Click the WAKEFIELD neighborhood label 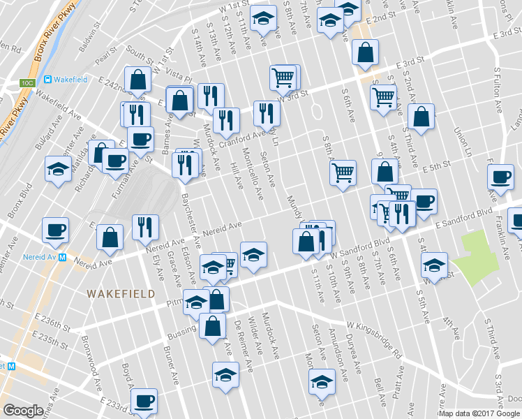[x=121, y=294]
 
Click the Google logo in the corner [x=23, y=411]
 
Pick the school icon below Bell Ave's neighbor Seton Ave [x=322, y=381]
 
